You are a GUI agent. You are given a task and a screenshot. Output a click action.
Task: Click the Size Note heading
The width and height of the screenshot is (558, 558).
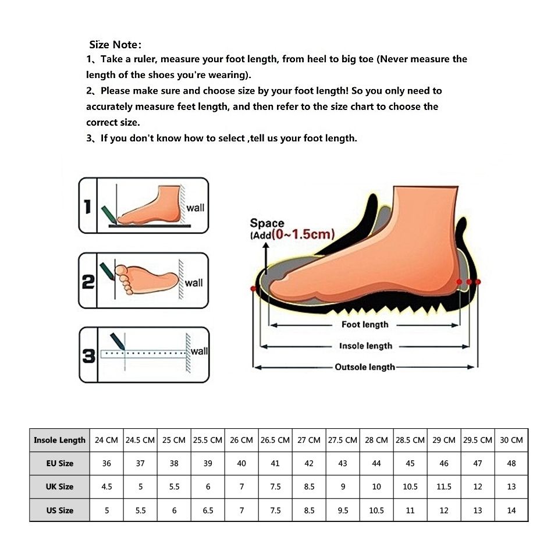(115, 45)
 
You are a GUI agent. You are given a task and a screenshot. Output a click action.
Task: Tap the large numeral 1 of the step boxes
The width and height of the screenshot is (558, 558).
(87, 207)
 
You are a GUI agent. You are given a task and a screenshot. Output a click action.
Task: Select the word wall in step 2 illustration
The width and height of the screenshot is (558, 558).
(194, 283)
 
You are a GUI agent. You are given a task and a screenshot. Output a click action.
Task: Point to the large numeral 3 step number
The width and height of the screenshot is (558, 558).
(88, 356)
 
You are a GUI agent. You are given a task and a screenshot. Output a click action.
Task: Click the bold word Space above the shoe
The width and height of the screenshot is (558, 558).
(267, 223)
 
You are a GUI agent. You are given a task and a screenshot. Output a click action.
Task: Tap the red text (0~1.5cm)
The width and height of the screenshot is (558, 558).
(303, 234)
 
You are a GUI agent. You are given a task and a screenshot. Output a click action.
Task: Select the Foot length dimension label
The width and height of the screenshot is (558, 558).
(365, 325)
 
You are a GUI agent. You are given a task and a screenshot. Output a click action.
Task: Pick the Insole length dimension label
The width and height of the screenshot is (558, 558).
(365, 346)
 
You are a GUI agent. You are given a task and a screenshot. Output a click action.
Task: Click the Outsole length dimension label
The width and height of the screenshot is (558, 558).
(365, 367)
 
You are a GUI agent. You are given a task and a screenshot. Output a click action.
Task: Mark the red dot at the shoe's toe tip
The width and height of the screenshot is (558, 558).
(253, 289)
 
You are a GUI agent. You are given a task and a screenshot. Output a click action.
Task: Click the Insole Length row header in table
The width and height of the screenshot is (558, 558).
(59, 440)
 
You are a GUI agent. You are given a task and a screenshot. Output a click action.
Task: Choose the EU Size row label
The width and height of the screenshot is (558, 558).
(59, 464)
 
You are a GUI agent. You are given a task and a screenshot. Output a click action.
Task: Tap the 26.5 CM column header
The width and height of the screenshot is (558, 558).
(275, 440)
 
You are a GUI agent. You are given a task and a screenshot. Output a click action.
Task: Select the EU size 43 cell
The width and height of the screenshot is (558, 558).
(343, 464)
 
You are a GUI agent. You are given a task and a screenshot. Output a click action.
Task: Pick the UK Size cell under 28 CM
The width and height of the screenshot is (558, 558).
(376, 486)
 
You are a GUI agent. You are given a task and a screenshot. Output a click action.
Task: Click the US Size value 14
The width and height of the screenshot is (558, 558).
(511, 510)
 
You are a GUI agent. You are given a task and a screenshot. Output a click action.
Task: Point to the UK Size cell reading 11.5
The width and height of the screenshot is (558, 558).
(444, 486)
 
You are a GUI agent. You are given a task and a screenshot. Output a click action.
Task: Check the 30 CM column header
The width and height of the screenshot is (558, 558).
(511, 440)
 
